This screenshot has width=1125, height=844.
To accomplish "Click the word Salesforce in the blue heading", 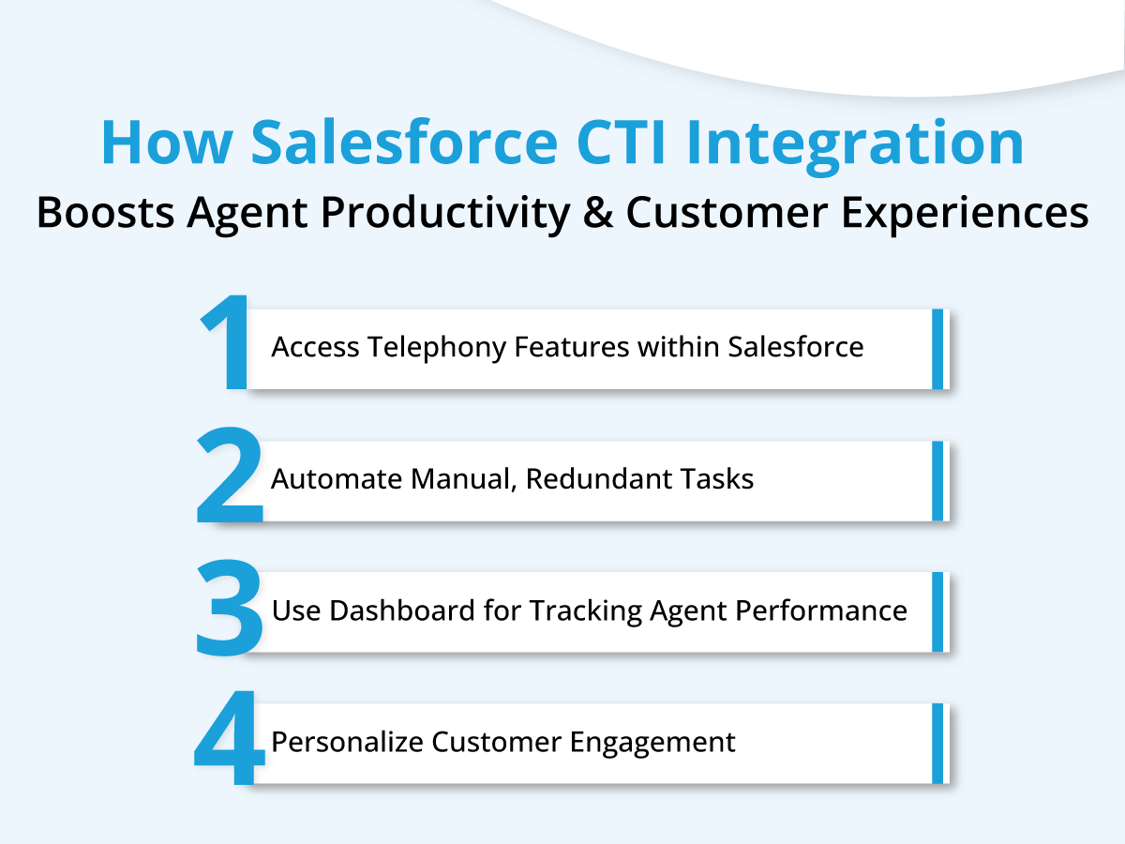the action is [x=404, y=142].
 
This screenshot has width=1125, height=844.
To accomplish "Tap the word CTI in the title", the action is [x=621, y=142].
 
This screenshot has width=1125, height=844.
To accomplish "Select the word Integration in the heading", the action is [x=854, y=147].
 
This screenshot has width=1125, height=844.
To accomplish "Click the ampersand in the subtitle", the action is [x=597, y=212].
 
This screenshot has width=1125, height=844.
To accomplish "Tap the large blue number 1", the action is [x=224, y=341].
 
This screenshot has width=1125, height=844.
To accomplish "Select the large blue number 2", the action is [x=229, y=475].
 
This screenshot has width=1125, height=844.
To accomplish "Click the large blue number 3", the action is [x=229, y=608].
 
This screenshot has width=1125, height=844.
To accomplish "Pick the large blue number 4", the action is [x=229, y=737].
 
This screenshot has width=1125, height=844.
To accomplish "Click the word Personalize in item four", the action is [x=345, y=742].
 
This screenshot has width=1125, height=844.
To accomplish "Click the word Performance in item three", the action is [x=821, y=610].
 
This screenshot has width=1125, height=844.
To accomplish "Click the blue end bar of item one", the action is [x=937, y=349].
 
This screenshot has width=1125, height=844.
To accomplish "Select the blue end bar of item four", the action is [x=937, y=743].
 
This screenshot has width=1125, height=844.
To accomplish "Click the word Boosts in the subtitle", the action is [x=105, y=213].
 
